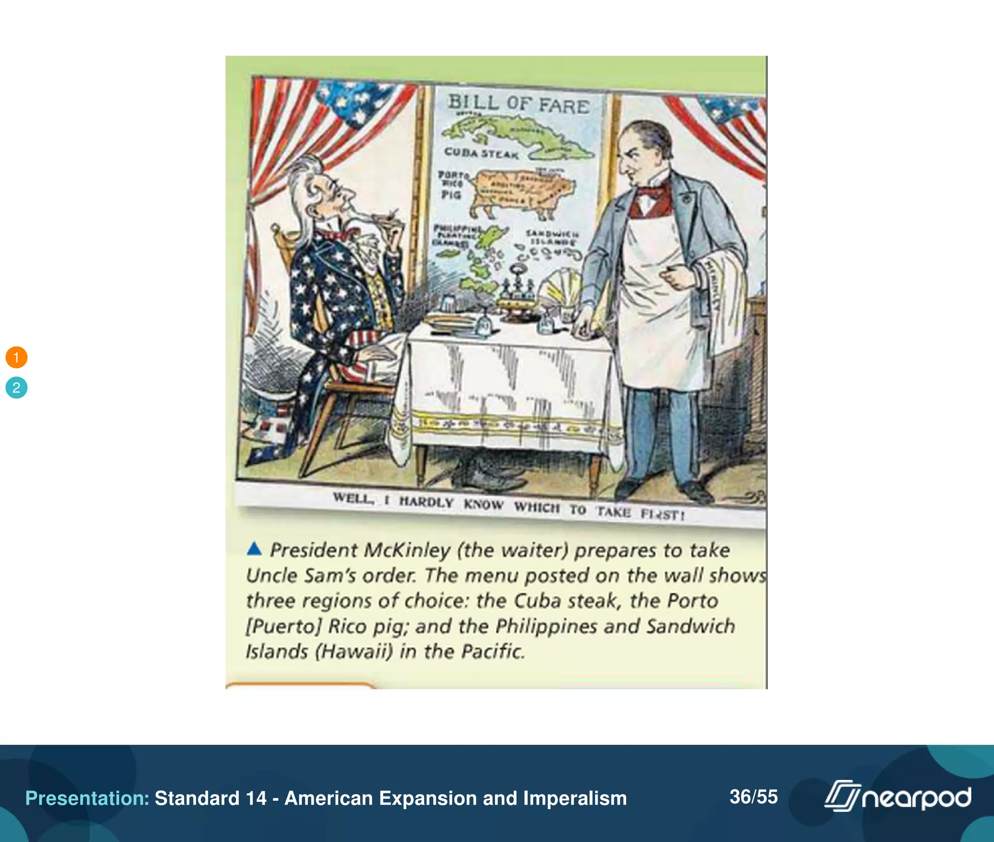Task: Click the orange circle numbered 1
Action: pos(17,357)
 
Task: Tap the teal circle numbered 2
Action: pos(17,388)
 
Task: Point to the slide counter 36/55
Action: pos(753,797)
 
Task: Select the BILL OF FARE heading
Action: pos(518,104)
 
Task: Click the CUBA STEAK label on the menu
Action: pos(481,153)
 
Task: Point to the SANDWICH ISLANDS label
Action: pos(552,238)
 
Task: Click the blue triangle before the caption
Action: pos(254,549)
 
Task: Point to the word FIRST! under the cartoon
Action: pos(663,514)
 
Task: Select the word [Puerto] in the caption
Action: pos(283,626)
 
